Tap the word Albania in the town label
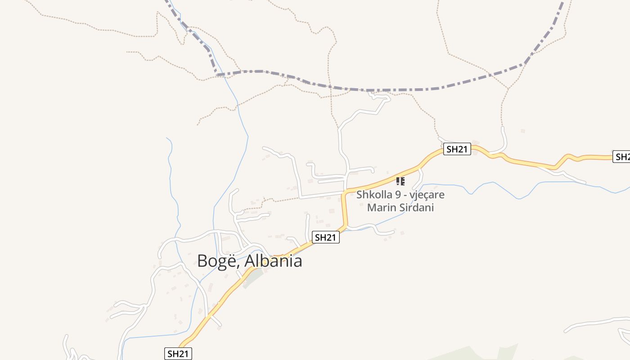pos(273,261)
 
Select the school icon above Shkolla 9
pos(400,181)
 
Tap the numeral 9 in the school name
pos(396,195)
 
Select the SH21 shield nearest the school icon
pos(457,149)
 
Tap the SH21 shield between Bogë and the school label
pos(326,238)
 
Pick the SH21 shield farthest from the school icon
pos(178,354)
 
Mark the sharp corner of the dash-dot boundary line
pos(217,74)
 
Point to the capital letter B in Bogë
pos(203,261)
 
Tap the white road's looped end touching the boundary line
pos(379,96)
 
